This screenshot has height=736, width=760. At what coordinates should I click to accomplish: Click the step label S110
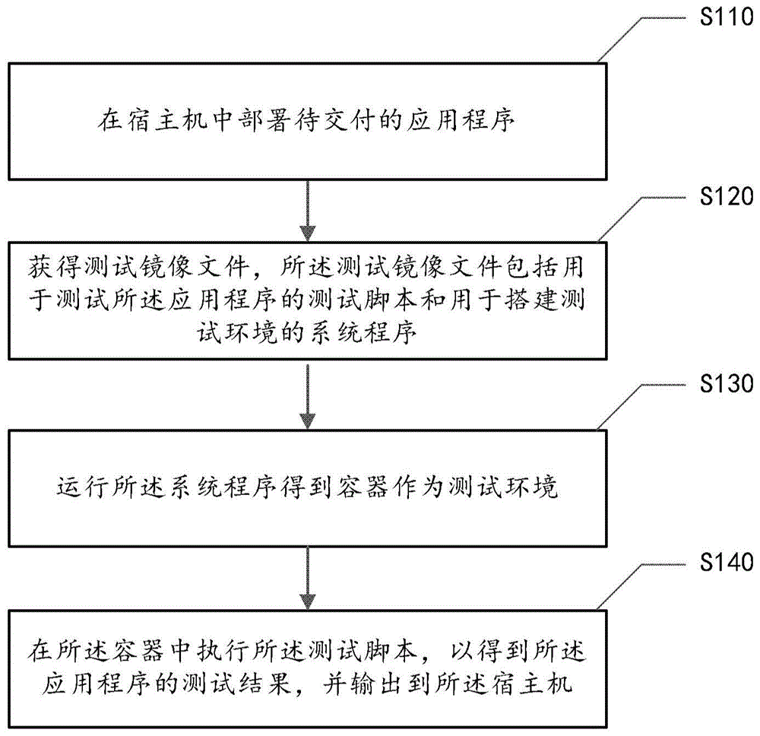pyautogui.click(x=726, y=18)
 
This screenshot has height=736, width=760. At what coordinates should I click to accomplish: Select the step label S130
pyautogui.click(x=726, y=385)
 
